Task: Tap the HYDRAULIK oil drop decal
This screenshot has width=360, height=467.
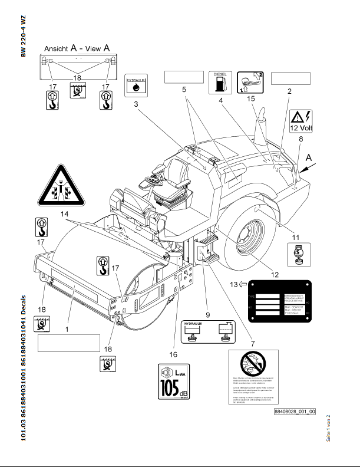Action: pos(136,86)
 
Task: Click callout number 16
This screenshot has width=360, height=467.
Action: pos(173,355)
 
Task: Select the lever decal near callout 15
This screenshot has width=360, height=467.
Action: pos(249,83)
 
